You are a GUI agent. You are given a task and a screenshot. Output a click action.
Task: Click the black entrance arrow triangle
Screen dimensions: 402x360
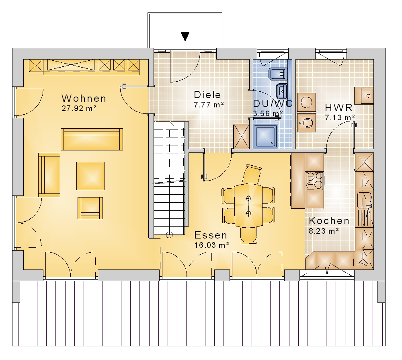click(x=185, y=37)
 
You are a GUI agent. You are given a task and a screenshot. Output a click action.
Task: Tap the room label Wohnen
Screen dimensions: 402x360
click(x=84, y=98)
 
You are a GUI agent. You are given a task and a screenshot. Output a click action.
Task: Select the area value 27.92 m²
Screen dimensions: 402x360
click(x=79, y=108)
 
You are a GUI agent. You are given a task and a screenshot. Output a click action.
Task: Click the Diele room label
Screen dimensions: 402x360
click(x=207, y=95)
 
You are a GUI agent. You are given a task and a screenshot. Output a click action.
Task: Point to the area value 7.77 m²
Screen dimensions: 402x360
click(x=209, y=105)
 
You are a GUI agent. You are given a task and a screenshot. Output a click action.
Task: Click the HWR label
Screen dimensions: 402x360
click(x=338, y=107)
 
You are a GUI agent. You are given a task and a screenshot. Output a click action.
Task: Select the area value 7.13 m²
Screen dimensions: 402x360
click(x=340, y=117)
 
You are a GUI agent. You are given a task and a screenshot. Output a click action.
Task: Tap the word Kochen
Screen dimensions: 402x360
click(x=329, y=221)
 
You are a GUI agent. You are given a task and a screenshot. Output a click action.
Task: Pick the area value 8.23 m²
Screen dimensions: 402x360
click(x=324, y=231)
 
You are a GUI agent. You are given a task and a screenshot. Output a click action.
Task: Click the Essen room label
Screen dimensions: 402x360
click(x=211, y=235)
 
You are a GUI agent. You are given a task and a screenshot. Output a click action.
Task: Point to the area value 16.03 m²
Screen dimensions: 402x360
click(x=211, y=245)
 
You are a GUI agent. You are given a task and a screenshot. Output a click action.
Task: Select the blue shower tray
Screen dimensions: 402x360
click(x=265, y=136)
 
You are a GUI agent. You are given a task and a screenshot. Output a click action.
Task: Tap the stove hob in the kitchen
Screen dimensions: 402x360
click(x=314, y=180)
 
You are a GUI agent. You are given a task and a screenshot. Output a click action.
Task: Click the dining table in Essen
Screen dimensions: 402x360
click(x=248, y=205)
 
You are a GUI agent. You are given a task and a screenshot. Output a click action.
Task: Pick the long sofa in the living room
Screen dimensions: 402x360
click(x=92, y=139)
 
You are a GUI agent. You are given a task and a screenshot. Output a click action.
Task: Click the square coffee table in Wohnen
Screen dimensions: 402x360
click(x=90, y=176)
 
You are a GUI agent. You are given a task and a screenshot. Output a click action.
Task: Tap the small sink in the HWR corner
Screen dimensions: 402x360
click(x=364, y=95)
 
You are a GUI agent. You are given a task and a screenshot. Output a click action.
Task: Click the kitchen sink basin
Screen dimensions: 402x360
click(x=364, y=200)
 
